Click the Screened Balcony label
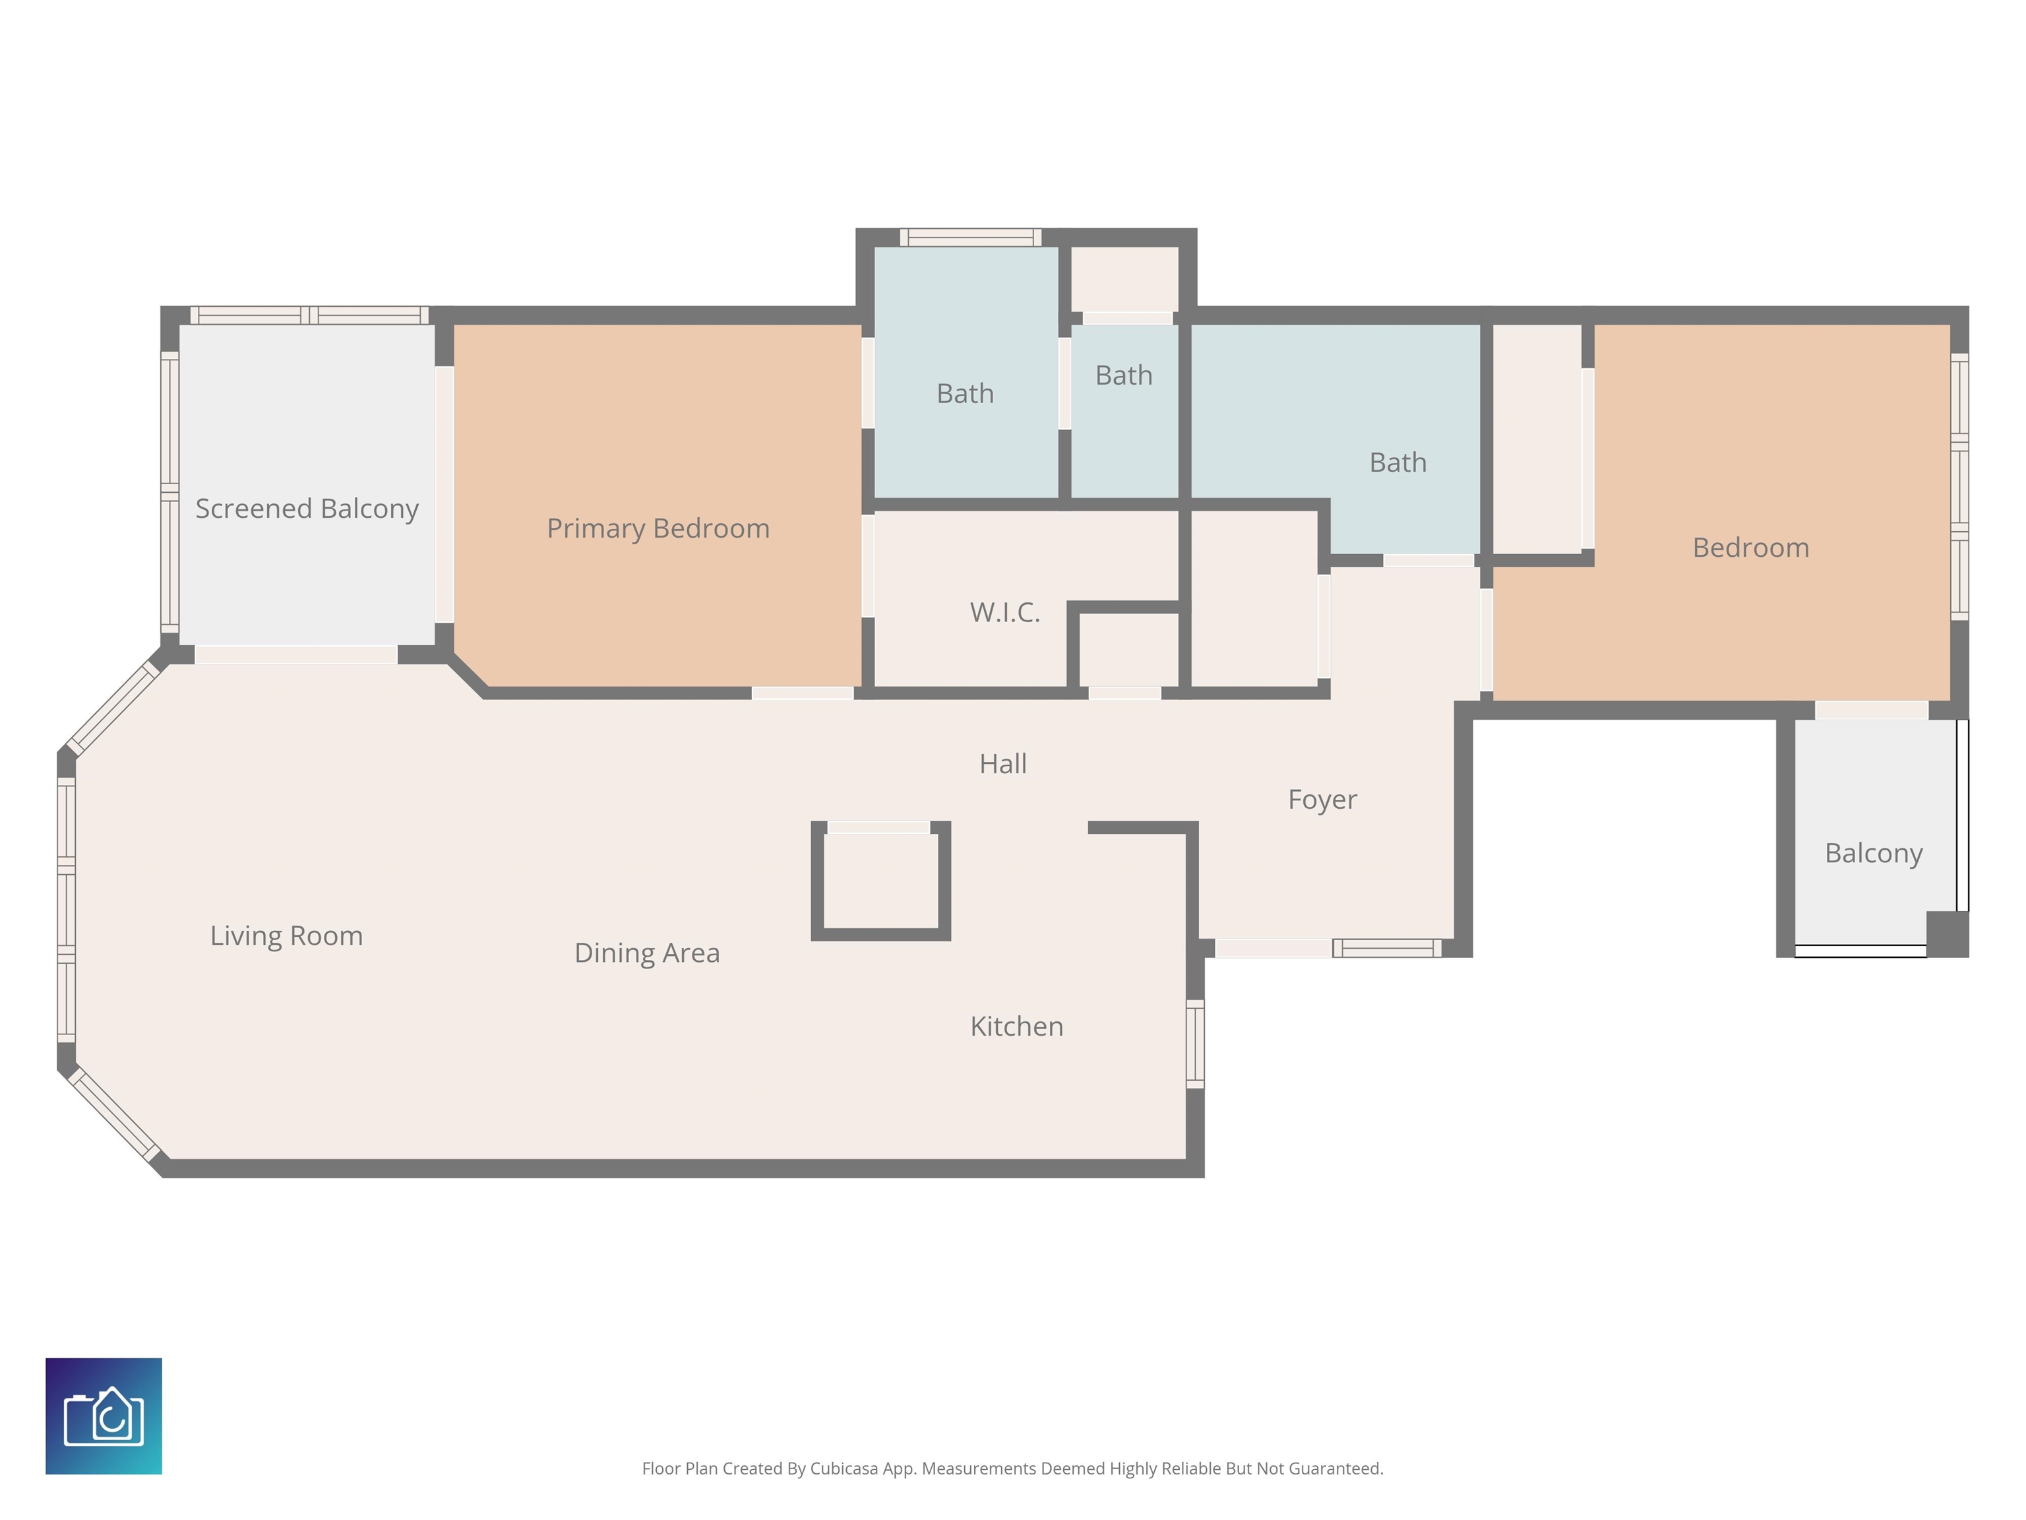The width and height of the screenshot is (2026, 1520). pyautogui.click(x=307, y=509)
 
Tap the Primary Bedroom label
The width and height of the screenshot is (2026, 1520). pyautogui.click(x=658, y=528)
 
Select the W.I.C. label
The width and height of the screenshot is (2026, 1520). pyautogui.click(x=1005, y=612)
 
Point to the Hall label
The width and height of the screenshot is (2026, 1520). pyautogui.click(x=1003, y=763)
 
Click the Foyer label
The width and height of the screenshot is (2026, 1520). pyautogui.click(x=1322, y=800)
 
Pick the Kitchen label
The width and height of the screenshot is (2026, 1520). pyautogui.click(x=1017, y=1026)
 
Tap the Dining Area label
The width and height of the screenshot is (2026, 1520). pyautogui.click(x=646, y=953)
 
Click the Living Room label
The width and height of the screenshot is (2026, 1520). pyautogui.click(x=287, y=935)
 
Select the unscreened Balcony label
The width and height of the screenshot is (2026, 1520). pyautogui.click(x=1873, y=853)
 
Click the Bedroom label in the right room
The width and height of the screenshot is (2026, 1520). pyautogui.click(x=1750, y=548)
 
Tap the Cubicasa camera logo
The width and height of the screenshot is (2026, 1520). pyautogui.click(x=104, y=1416)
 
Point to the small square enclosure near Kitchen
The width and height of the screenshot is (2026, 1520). pyautogui.click(x=881, y=881)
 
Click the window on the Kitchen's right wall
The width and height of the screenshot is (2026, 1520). pyautogui.click(x=1195, y=1044)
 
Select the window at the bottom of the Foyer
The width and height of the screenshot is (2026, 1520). pyautogui.click(x=1387, y=948)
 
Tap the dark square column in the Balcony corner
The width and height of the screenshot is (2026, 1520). pyautogui.click(x=1948, y=934)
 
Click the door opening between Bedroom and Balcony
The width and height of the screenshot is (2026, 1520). pyautogui.click(x=1871, y=710)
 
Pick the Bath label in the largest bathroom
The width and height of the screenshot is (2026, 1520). pyautogui.click(x=1397, y=462)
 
